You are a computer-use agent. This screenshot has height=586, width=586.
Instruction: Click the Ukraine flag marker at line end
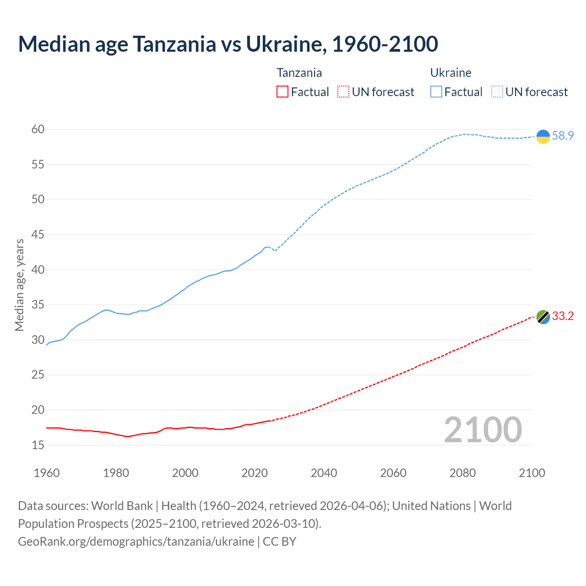[543, 136]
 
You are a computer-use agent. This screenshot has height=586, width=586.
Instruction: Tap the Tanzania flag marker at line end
[543, 316]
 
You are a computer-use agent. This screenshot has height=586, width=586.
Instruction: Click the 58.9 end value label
[563, 136]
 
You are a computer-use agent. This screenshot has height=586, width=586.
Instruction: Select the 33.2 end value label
[563, 316]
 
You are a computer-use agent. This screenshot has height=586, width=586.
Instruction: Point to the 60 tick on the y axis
[38, 130]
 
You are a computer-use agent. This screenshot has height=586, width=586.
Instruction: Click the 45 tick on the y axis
[38, 235]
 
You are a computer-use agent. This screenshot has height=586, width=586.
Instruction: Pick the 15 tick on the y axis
[38, 445]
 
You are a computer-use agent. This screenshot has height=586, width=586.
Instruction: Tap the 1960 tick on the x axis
[47, 473]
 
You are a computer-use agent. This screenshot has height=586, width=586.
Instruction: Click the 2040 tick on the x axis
[324, 473]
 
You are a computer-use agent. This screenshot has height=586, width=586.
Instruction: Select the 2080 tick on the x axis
[462, 473]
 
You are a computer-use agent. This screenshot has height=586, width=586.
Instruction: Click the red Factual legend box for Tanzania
[282, 92]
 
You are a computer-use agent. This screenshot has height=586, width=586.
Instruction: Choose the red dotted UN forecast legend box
[343, 92]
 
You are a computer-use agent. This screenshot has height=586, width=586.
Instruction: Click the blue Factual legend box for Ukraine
[436, 92]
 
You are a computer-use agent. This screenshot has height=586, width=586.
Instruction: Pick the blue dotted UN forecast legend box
[497, 92]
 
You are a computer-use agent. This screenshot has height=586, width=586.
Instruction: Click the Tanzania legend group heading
[299, 73]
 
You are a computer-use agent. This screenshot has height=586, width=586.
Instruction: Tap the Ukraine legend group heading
[450, 73]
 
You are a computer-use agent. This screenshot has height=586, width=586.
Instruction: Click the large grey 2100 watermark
[483, 429]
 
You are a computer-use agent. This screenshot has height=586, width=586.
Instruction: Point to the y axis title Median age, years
[20, 285]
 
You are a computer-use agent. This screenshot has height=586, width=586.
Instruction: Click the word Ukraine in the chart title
[285, 44]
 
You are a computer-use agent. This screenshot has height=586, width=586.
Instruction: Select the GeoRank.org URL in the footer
[136, 541]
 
